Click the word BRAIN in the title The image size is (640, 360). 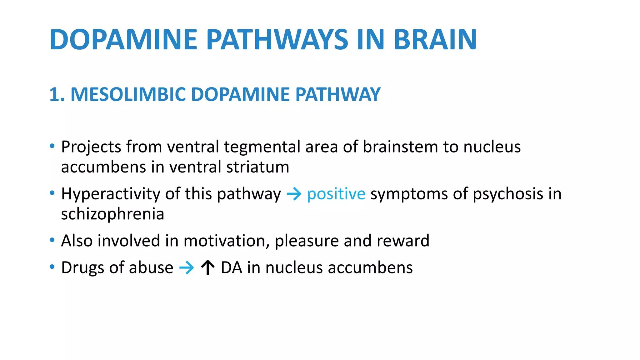point(435,40)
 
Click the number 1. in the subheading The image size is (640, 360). point(57,94)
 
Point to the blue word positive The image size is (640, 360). point(336,194)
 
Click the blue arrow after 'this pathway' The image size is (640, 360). point(294,194)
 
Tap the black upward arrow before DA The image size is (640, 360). point(207,268)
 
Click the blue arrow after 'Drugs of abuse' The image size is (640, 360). point(187,268)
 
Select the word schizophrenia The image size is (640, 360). point(112,214)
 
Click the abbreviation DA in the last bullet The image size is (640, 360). point(232,268)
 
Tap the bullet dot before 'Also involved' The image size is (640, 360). point(52,240)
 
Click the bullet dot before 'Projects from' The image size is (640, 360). point(52,146)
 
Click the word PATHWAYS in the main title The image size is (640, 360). point(277,40)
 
